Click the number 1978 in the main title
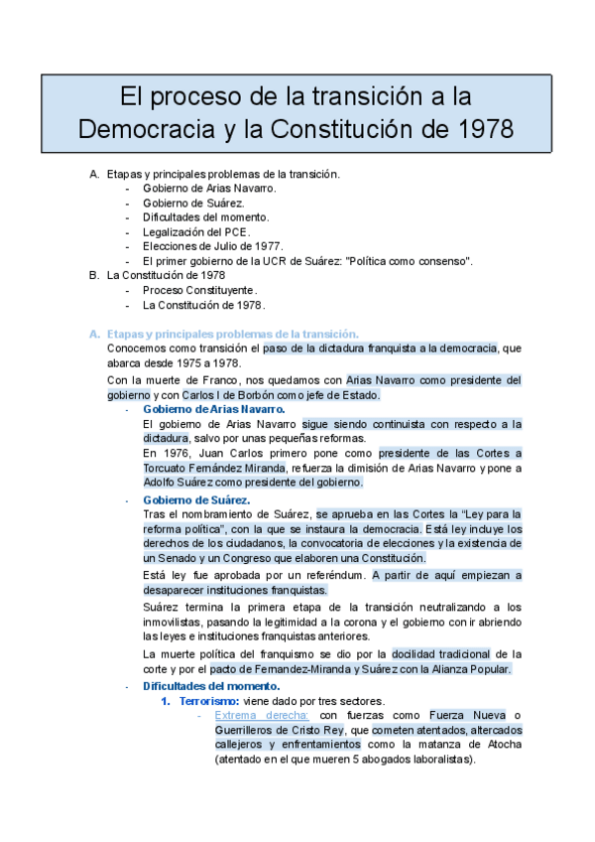tap(481, 129)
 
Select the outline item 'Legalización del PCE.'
tap(193, 231)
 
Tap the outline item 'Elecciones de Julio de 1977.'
tap(212, 246)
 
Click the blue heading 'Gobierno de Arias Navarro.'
tap(213, 409)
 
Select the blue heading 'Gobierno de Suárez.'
tap(196, 499)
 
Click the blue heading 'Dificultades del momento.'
tap(211, 685)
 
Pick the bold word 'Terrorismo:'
tap(210, 701)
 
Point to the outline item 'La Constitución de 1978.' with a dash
tap(203, 305)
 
